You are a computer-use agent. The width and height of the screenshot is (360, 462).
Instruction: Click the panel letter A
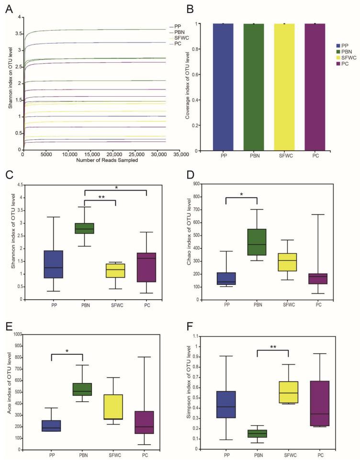[8, 8]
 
